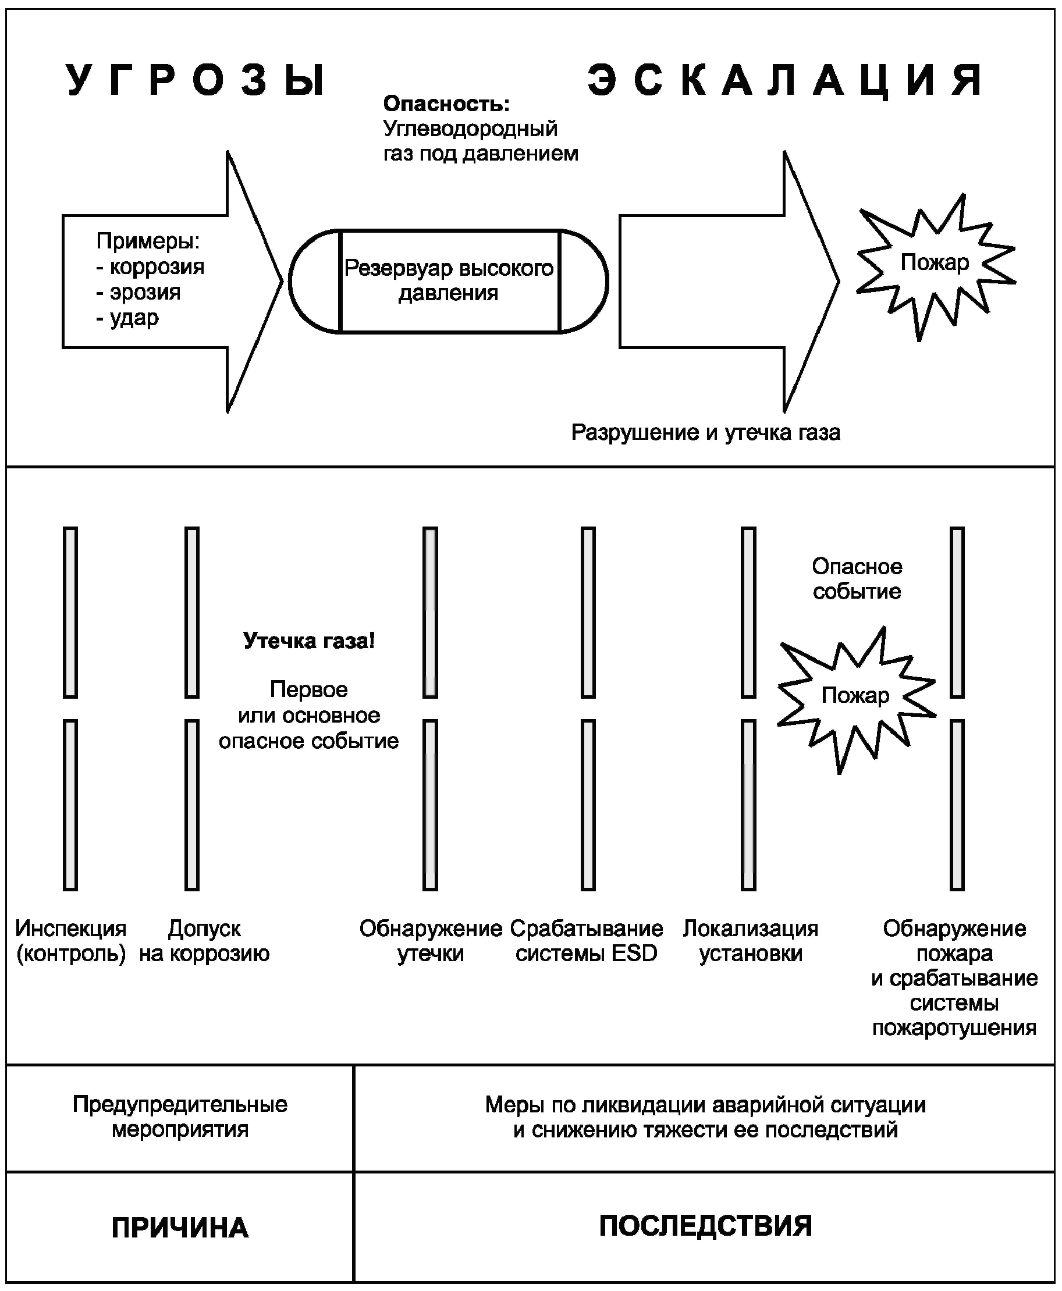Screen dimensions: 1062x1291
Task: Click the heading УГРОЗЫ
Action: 195,80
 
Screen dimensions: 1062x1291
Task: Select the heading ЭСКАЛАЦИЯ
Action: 786,80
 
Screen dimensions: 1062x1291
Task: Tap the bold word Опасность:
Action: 446,104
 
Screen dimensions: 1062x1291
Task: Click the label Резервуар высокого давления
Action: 449,280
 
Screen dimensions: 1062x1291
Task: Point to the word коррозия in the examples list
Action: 157,266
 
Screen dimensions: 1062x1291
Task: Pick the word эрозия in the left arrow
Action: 145,292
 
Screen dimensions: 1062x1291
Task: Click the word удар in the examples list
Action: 134,318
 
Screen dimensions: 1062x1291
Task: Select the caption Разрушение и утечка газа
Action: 706,432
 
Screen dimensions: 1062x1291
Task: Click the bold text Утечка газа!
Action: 309,641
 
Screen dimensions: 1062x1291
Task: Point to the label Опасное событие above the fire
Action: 857,578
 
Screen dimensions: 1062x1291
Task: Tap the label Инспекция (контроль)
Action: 71,941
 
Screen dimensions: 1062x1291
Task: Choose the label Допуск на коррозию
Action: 204,941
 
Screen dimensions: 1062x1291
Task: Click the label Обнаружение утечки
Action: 431,941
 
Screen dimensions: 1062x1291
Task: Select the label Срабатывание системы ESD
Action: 587,941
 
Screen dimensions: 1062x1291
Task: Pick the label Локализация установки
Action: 751,941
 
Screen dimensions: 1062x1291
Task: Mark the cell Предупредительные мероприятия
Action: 180,1118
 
